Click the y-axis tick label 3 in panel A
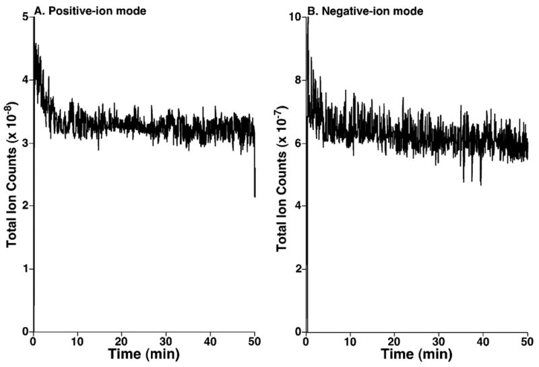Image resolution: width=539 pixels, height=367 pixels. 25,143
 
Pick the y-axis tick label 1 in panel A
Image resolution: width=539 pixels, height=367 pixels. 25,269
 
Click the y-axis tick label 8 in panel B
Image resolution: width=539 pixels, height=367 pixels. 296,79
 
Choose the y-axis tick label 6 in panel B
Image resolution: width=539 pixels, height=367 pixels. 296,143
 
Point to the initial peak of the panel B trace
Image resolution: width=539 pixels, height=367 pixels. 307,20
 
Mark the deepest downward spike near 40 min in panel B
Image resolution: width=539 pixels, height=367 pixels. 480,183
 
